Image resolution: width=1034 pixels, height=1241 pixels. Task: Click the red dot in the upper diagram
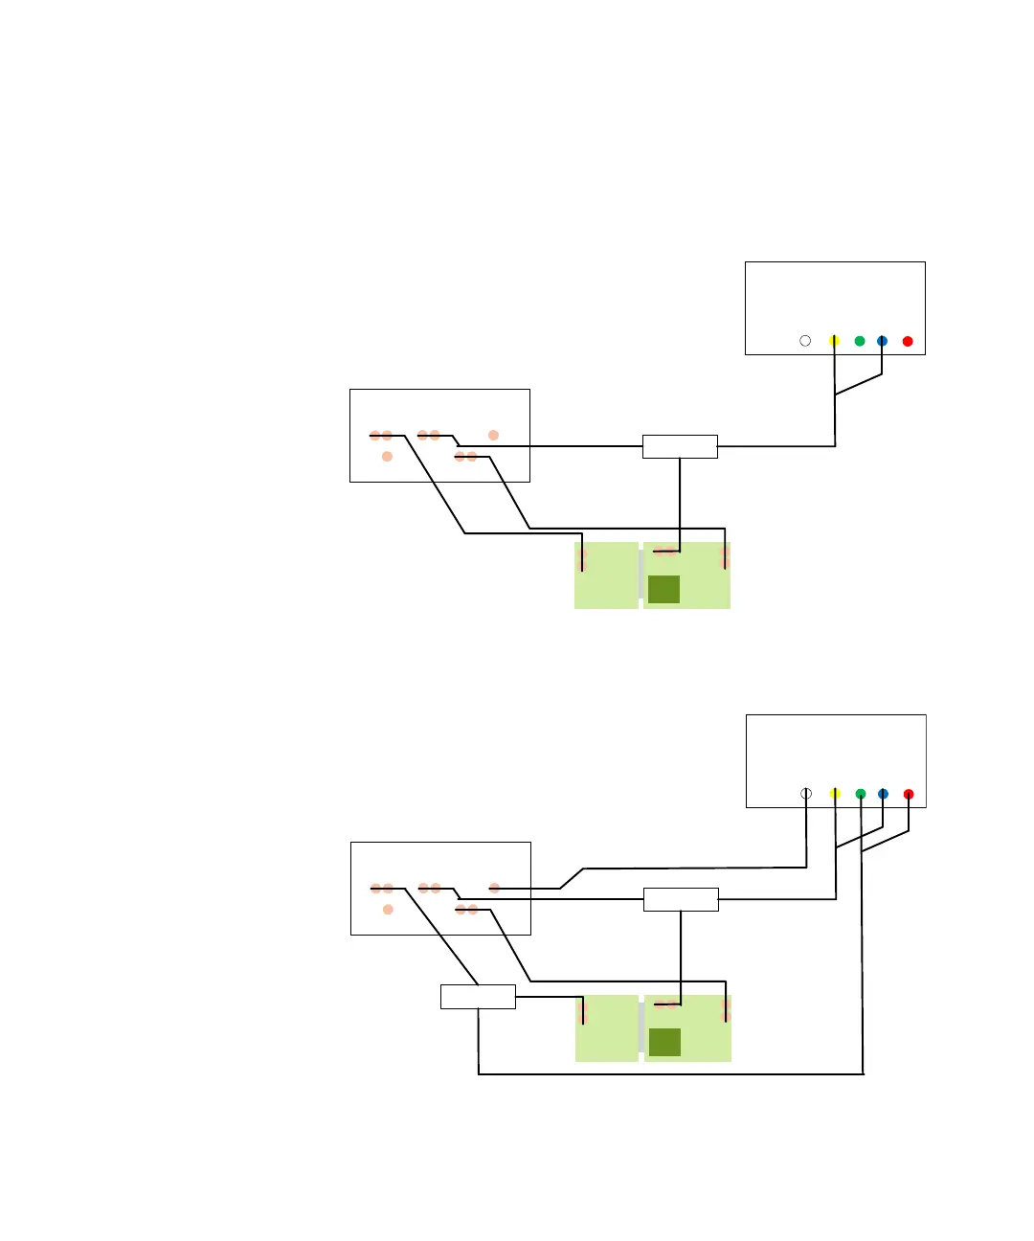tap(908, 341)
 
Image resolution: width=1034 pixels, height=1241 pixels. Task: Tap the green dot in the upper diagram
tap(860, 341)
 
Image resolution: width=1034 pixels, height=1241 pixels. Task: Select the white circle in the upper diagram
tap(805, 341)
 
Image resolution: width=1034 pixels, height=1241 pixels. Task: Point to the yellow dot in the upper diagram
tap(834, 341)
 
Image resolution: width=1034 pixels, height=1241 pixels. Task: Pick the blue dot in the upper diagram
tap(882, 341)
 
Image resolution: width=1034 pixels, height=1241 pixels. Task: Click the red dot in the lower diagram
tap(909, 794)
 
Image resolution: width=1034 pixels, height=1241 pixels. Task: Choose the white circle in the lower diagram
tap(806, 794)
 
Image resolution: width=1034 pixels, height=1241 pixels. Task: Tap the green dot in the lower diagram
tap(861, 794)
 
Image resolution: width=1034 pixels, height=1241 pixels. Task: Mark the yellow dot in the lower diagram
tap(835, 794)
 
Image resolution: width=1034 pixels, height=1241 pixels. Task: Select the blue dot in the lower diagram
tap(883, 794)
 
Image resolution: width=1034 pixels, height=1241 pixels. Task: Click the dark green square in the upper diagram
tap(663, 589)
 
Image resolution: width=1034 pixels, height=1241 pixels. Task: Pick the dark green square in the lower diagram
tap(664, 1042)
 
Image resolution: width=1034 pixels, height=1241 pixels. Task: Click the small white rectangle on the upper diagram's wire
tap(680, 446)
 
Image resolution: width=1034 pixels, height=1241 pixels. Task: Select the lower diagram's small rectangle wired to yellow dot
tap(681, 899)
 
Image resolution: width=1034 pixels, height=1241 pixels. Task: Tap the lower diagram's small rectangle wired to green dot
tap(478, 997)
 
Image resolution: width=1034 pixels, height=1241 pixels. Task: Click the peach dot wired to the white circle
tap(494, 889)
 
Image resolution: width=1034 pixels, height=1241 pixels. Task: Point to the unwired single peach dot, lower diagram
tap(388, 909)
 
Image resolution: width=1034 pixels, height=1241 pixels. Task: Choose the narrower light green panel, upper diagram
tap(606, 575)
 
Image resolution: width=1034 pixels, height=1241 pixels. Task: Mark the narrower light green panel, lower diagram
tap(607, 1028)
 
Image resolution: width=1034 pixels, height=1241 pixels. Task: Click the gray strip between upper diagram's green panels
tap(641, 575)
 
